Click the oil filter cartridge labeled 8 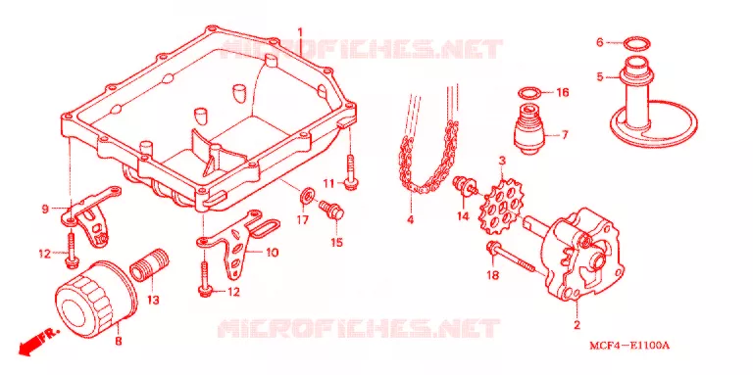point(96,296)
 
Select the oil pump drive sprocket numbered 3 point(502,207)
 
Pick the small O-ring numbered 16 point(530,94)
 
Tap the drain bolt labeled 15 point(332,211)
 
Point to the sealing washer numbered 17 point(306,196)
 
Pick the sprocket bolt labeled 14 point(466,186)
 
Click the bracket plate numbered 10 point(238,246)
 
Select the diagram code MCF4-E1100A point(630,346)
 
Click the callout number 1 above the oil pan point(300,32)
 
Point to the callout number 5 point(600,76)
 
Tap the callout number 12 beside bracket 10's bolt point(233,292)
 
